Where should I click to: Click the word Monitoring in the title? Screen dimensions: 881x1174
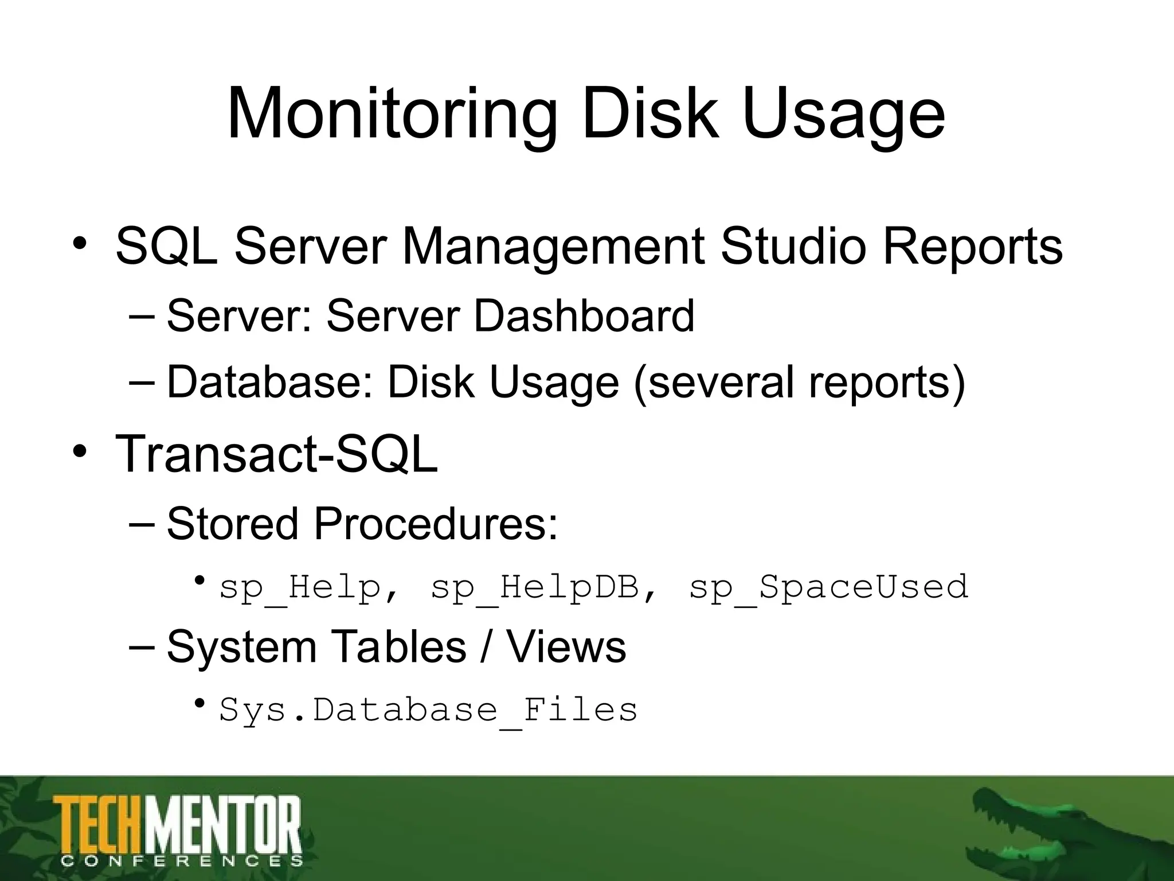click(x=392, y=115)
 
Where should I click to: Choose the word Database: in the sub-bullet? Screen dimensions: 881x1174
click(x=269, y=383)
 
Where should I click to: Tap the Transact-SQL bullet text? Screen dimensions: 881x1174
click(x=276, y=454)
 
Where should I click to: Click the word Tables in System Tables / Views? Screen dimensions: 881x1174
click(x=399, y=647)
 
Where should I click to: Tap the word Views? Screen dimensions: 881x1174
click(x=566, y=647)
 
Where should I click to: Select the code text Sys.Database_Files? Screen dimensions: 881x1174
click(x=428, y=710)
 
